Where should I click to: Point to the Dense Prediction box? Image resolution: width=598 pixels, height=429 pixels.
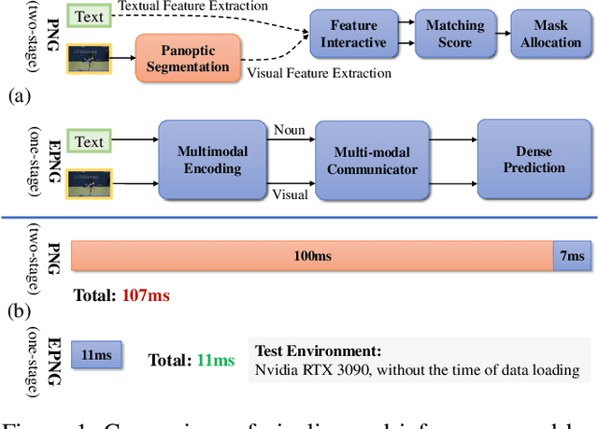pos(534,160)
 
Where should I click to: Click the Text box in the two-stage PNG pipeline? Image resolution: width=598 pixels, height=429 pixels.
pos(89,16)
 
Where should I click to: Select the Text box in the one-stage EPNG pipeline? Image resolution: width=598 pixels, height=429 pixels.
pos(89,141)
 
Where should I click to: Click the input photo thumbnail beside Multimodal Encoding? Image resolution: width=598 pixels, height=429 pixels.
pos(90,181)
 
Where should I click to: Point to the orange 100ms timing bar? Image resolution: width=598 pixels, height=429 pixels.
pos(312,256)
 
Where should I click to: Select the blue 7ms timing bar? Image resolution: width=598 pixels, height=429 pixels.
pos(571,256)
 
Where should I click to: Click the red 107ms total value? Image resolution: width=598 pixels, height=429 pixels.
pos(146,296)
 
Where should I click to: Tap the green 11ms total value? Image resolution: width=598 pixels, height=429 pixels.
pos(215,360)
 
